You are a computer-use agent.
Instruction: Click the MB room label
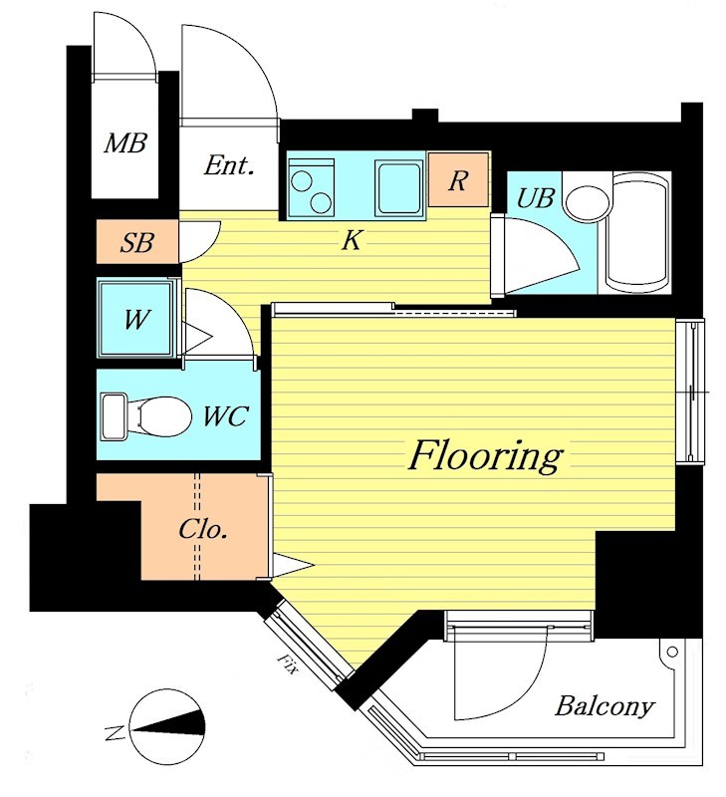(x=125, y=142)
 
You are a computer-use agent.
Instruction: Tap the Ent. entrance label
(x=229, y=165)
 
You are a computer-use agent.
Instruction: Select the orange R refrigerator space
(x=458, y=179)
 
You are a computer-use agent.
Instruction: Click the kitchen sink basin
(x=398, y=187)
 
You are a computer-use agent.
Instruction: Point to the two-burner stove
(x=311, y=187)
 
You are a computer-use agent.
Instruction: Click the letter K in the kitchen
(x=352, y=240)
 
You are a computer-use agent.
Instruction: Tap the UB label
(x=535, y=197)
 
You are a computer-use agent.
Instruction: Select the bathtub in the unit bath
(x=638, y=232)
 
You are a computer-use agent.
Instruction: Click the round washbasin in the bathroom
(x=587, y=203)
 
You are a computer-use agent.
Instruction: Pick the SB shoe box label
(x=136, y=242)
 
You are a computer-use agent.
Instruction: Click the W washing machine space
(x=135, y=319)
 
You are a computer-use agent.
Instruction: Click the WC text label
(x=226, y=415)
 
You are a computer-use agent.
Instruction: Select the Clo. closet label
(x=203, y=530)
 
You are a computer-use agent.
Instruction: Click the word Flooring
(x=485, y=456)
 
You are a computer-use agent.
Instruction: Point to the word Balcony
(x=605, y=706)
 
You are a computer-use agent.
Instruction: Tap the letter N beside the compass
(x=115, y=732)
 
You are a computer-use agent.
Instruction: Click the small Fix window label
(x=287, y=664)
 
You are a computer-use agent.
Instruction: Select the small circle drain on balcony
(x=672, y=652)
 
